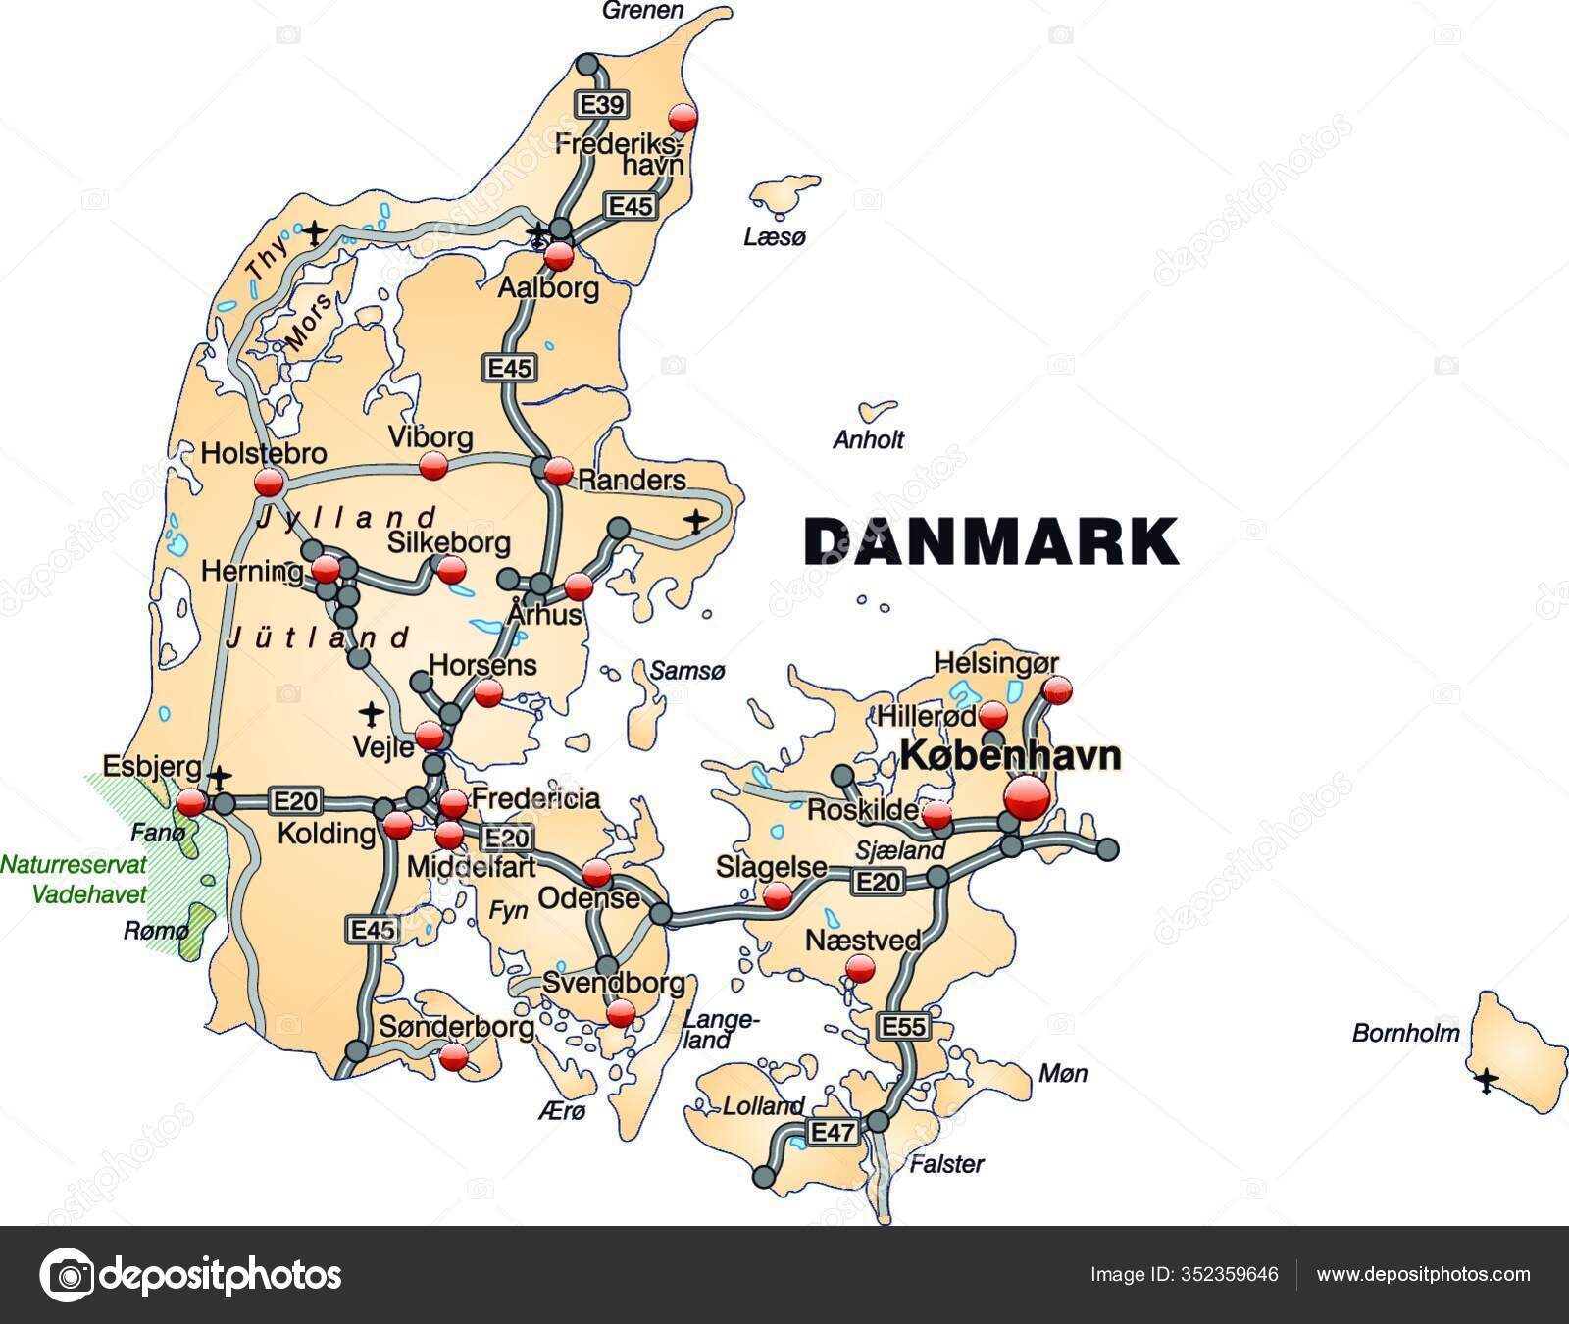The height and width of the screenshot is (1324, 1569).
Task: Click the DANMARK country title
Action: (991, 540)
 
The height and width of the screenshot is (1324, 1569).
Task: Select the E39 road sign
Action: (600, 105)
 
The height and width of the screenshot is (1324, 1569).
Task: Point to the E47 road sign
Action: (833, 1133)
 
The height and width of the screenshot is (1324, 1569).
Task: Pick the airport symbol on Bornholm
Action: (1487, 1081)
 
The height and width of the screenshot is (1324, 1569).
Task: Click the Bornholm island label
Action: (1405, 1032)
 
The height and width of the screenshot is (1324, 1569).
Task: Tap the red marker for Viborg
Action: (432, 466)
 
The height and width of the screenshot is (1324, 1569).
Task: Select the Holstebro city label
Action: (263, 454)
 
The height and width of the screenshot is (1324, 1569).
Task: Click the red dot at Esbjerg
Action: (191, 803)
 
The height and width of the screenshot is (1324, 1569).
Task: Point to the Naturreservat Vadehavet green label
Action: (75, 879)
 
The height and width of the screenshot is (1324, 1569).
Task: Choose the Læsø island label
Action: (775, 236)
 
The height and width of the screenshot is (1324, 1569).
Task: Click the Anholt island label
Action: (868, 439)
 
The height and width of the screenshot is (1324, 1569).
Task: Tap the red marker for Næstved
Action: (860, 969)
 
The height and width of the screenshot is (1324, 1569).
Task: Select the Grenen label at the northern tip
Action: (642, 11)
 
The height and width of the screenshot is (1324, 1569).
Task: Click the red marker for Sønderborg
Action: (454, 1056)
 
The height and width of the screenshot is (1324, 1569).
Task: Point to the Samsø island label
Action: (687, 671)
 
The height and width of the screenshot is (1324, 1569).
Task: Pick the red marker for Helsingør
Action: (1057, 689)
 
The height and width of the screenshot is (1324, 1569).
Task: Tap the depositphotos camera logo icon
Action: (66, 1275)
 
